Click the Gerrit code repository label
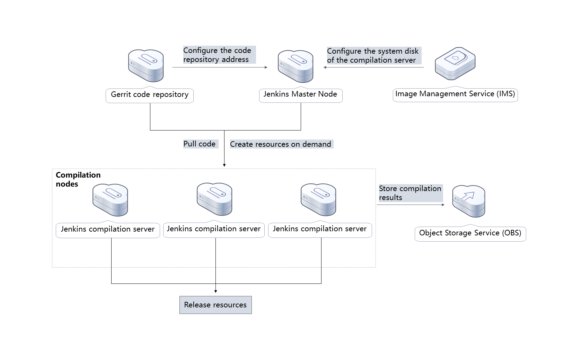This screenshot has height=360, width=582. pyautogui.click(x=150, y=95)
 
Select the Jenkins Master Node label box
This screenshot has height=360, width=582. pyautogui.click(x=300, y=94)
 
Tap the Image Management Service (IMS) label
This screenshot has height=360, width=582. pyautogui.click(x=455, y=94)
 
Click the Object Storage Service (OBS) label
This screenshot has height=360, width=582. pyautogui.click(x=470, y=233)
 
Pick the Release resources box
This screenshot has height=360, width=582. pyautogui.click(x=215, y=305)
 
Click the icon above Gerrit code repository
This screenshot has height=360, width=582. pyautogui.click(x=146, y=65)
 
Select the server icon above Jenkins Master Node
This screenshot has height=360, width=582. pyautogui.click(x=296, y=66)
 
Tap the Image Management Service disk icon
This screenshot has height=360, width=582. pyautogui.click(x=455, y=63)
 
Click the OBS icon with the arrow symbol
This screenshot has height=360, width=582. pyautogui.click(x=469, y=201)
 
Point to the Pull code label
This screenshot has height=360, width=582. pyautogui.click(x=200, y=144)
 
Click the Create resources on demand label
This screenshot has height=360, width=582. pyautogui.click(x=281, y=144)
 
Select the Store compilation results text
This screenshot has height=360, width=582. pyautogui.click(x=410, y=193)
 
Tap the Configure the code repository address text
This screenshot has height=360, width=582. pyautogui.click(x=217, y=55)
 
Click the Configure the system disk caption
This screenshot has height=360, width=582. pyautogui.click(x=373, y=56)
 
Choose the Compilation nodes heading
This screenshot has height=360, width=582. pyautogui.click(x=78, y=179)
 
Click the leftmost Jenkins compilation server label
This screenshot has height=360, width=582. pyautogui.click(x=108, y=229)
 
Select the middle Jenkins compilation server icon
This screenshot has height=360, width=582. pyautogui.click(x=214, y=199)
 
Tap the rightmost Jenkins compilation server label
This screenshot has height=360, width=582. pyautogui.click(x=320, y=229)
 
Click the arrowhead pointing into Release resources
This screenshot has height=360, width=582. pyautogui.click(x=216, y=291)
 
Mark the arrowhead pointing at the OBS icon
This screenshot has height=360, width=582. pyautogui.click(x=443, y=205)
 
